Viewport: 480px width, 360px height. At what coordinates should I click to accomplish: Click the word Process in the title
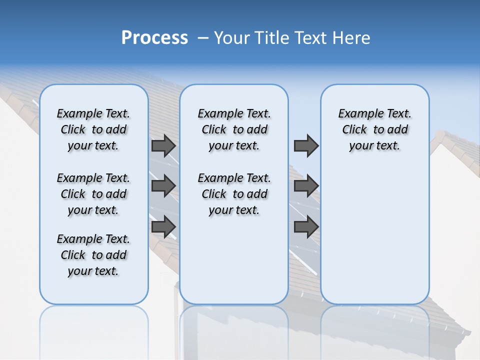tap(154, 38)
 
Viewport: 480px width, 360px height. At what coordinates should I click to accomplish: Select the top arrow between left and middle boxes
tap(163, 146)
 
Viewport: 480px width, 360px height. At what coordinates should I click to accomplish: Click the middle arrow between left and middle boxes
tap(163, 186)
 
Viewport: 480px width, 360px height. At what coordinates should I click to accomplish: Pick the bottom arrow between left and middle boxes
tap(163, 227)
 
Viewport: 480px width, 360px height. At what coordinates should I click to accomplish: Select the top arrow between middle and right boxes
tap(306, 146)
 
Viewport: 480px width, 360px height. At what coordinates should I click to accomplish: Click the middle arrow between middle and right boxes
tap(306, 186)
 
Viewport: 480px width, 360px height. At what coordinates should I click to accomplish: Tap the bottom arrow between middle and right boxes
tap(306, 227)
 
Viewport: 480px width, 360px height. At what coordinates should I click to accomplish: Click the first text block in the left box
tap(93, 129)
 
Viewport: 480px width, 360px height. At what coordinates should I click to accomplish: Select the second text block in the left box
tap(93, 194)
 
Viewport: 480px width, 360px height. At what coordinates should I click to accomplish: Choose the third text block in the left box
tap(93, 255)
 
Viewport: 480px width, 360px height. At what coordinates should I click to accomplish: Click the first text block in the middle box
tap(234, 129)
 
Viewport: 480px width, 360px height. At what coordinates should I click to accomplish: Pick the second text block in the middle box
tap(234, 194)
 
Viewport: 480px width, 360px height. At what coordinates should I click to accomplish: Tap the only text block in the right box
tap(374, 129)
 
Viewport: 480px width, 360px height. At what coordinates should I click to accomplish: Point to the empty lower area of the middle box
tap(234, 260)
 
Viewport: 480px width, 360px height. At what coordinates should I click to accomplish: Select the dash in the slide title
tap(203, 38)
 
